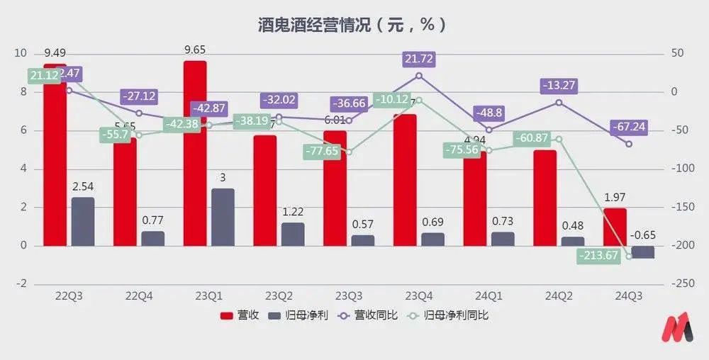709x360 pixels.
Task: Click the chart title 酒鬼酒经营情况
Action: pos(352,25)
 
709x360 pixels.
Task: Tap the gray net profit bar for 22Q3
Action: pos(83,221)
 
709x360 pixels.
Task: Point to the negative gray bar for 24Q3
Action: pos(643,252)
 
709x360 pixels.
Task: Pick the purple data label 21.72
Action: pos(418,59)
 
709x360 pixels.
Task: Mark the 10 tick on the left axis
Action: pos(21,53)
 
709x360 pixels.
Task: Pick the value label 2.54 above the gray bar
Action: pos(84,187)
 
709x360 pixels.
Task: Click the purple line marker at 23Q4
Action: pos(418,75)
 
